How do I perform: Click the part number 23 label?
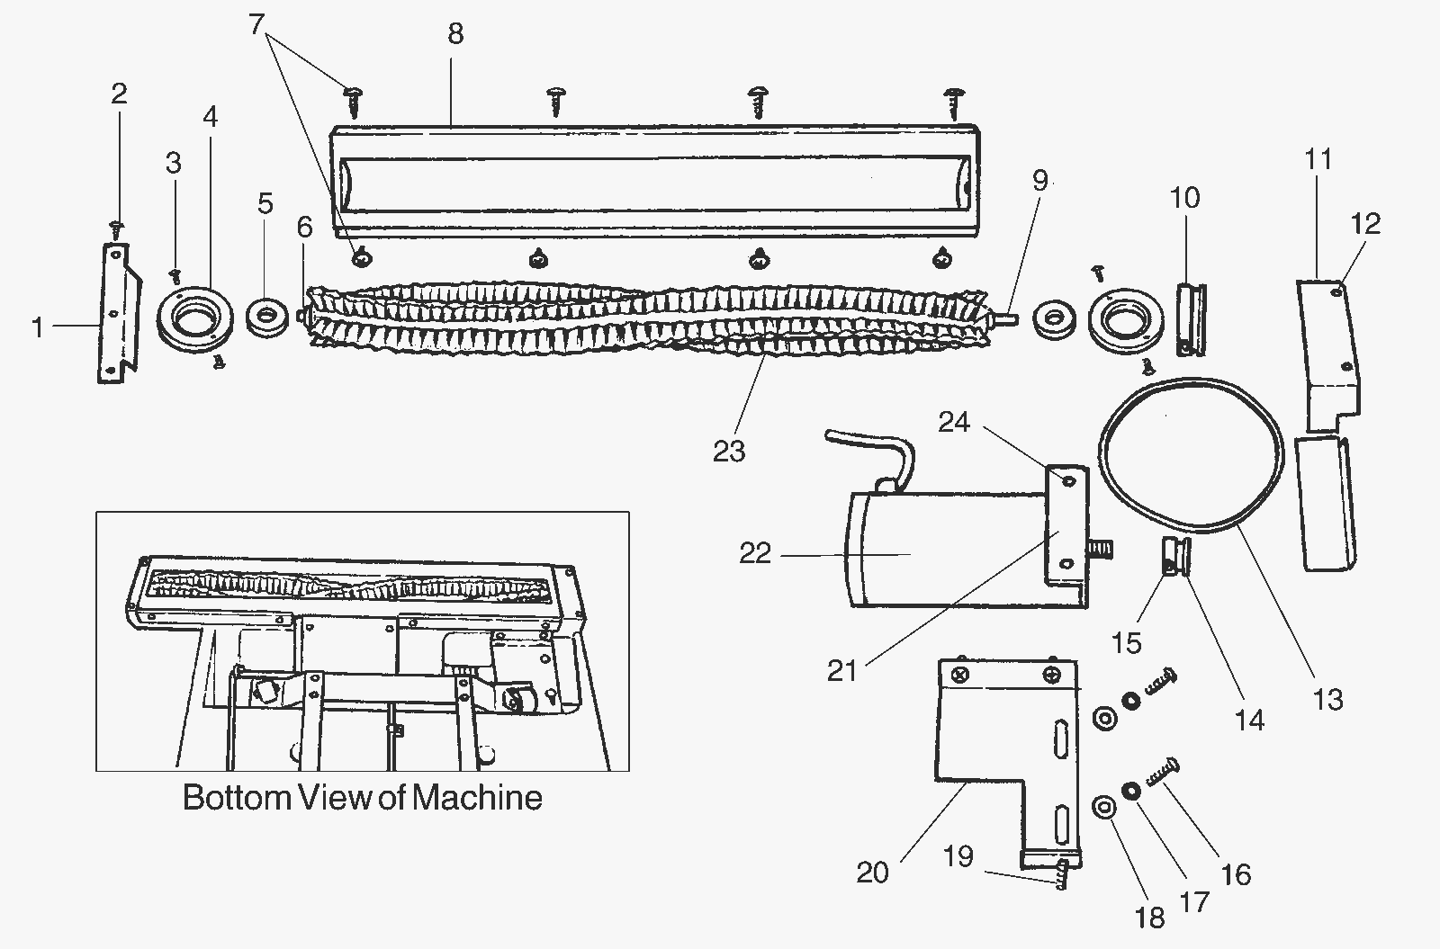(729, 452)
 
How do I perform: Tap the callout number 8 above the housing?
(455, 33)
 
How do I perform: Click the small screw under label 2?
(117, 228)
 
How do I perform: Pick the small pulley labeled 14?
(1176, 558)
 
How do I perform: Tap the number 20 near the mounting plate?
(872, 873)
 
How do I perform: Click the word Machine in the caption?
(477, 797)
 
